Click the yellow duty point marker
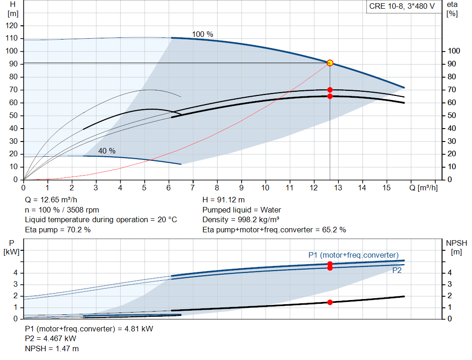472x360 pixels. (x=330, y=63)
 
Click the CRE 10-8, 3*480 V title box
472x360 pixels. (x=402, y=6)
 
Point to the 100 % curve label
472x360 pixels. (x=203, y=34)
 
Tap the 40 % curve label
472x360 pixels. (x=107, y=151)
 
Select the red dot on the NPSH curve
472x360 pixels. (x=330, y=302)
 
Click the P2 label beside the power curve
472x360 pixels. (x=397, y=270)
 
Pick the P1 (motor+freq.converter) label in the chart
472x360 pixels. (x=354, y=255)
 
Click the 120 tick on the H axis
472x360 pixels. (x=12, y=26)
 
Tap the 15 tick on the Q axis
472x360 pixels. (x=387, y=188)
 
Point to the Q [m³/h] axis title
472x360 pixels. (x=424, y=188)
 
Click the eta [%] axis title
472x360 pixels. (x=452, y=9)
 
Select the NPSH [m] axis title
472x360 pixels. (x=457, y=248)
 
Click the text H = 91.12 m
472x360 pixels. (x=224, y=200)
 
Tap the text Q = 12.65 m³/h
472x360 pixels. (x=51, y=200)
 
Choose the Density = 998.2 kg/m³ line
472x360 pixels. (x=241, y=220)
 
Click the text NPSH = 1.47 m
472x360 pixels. (x=52, y=348)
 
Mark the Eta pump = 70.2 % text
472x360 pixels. (x=58, y=230)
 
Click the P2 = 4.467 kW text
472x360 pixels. (x=51, y=339)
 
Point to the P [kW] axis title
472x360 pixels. (x=12, y=248)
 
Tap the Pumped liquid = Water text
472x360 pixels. (x=242, y=210)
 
